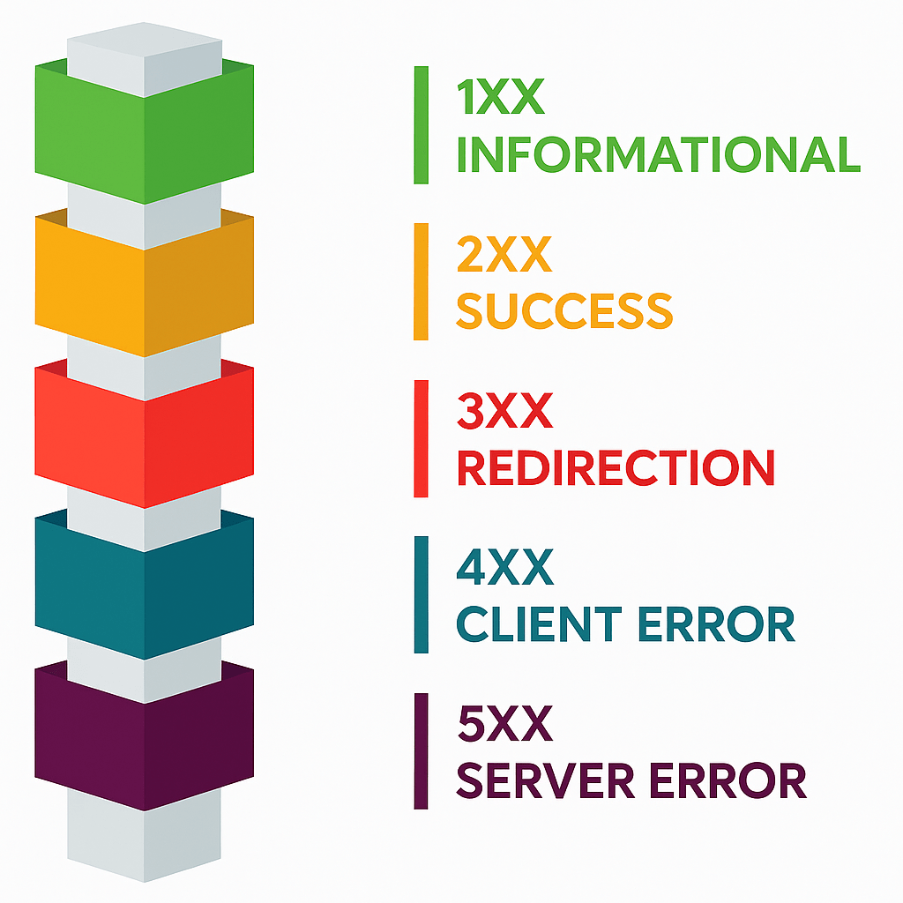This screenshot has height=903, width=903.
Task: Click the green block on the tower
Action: point(145,132)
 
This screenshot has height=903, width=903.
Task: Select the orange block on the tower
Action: point(145,282)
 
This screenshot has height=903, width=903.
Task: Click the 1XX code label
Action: point(501,98)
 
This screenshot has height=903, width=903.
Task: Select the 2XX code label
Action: point(504,255)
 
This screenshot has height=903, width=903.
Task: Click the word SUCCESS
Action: point(564,310)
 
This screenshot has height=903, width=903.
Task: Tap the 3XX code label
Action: point(504,412)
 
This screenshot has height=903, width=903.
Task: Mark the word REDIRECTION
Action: point(616,467)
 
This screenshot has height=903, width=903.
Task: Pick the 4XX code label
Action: point(504,568)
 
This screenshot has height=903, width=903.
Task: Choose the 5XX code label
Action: point(504,725)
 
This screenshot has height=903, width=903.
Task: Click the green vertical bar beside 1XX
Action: point(422,125)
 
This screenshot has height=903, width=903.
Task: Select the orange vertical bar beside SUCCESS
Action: point(422,281)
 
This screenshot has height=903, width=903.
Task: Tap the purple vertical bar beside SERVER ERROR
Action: point(422,751)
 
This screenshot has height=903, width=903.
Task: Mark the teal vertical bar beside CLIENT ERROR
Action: point(422,595)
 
